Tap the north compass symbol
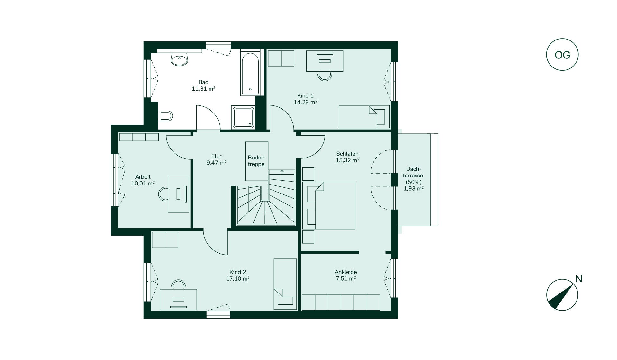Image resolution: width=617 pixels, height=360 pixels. click(x=562, y=295)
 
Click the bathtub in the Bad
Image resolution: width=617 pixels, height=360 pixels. click(x=250, y=74)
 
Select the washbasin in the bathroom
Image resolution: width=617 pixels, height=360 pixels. click(x=179, y=59)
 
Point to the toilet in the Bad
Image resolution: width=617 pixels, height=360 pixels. click(x=165, y=115)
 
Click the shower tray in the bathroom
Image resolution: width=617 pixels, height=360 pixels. click(x=243, y=118)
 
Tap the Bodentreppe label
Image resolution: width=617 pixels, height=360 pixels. click(x=256, y=161)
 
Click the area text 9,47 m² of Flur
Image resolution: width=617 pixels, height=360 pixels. click(x=217, y=163)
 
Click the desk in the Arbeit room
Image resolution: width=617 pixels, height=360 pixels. click(x=179, y=194)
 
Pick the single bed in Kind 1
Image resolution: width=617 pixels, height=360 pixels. click(x=364, y=116)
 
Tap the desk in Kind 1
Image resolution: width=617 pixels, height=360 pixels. click(x=325, y=61)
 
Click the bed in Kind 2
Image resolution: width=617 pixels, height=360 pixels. click(x=285, y=284)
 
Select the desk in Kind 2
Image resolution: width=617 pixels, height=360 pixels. click(x=178, y=300)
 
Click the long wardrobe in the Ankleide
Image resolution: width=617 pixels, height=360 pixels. click(x=341, y=302)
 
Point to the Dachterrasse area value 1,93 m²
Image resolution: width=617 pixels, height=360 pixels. click(x=414, y=189)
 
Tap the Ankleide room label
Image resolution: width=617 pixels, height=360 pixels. click(x=346, y=272)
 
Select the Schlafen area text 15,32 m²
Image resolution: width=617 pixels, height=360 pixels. click(x=347, y=160)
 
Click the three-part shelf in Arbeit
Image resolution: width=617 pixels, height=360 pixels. click(x=139, y=137)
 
